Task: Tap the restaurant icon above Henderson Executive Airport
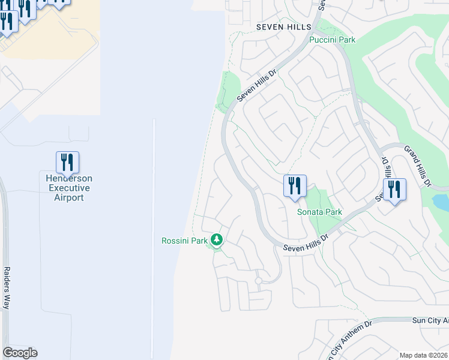coord(68,162)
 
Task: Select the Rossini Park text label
coord(184,241)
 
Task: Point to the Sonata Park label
coord(319,212)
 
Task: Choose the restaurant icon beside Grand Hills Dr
coord(394,190)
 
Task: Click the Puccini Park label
coord(332,40)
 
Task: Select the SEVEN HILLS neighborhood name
coord(284,27)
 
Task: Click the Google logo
coord(20,353)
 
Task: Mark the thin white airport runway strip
coord(154,240)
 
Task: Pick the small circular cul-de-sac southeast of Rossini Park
coord(258,280)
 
